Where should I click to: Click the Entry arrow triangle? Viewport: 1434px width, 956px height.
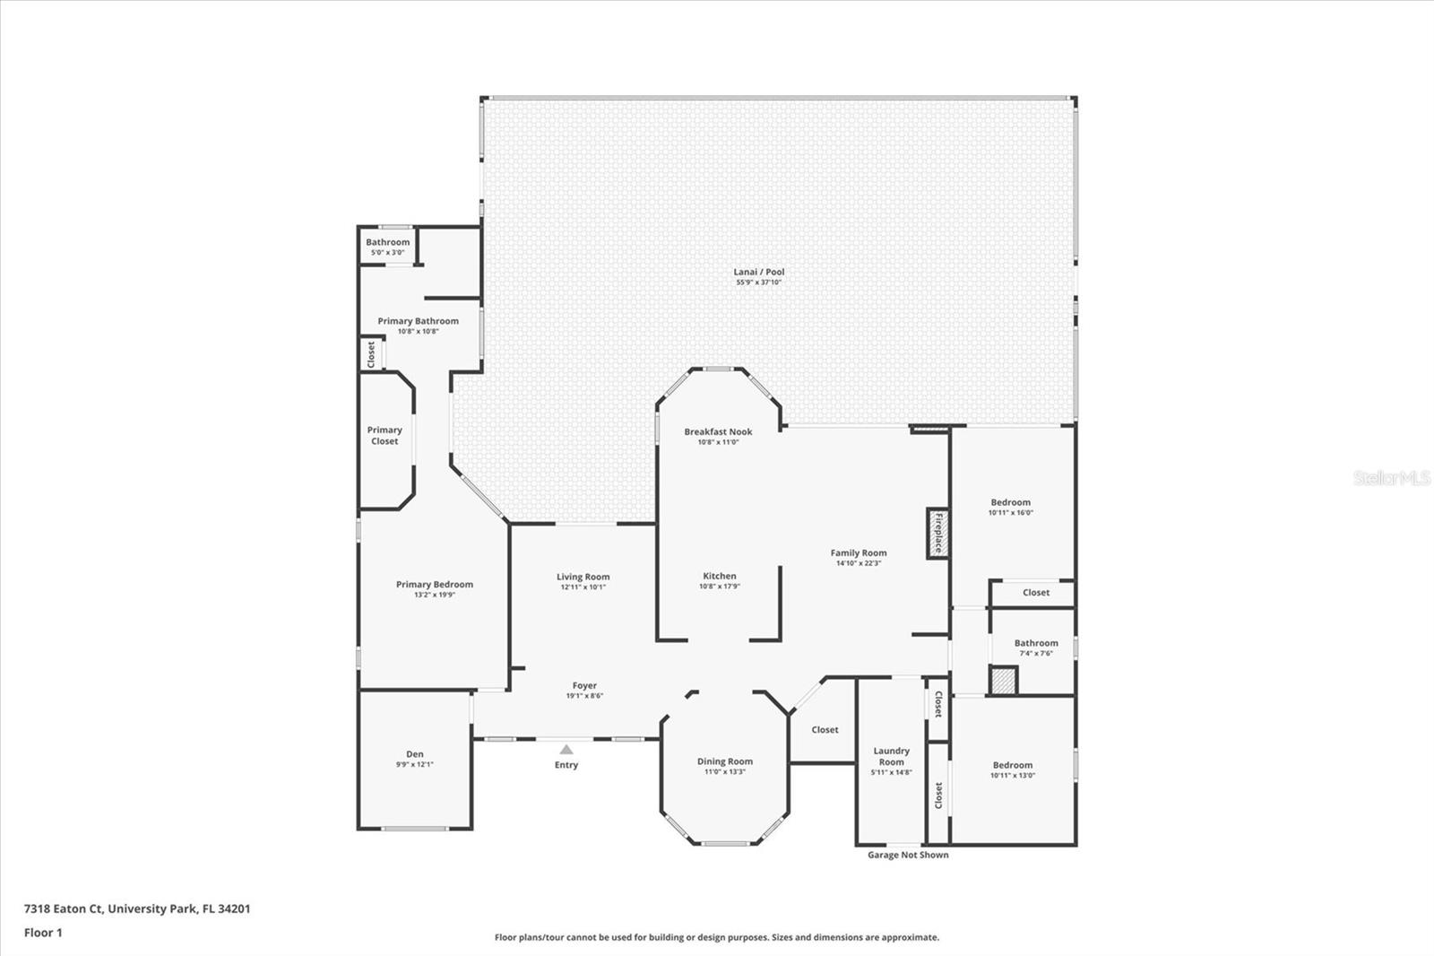(x=566, y=749)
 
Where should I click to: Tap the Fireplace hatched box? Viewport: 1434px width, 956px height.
(x=937, y=533)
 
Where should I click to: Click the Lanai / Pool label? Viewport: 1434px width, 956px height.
(x=759, y=272)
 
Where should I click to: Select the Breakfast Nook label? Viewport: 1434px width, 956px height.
(x=718, y=431)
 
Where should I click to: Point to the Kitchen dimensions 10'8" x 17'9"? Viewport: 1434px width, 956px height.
(x=719, y=587)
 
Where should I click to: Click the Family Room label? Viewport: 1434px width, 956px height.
(x=858, y=553)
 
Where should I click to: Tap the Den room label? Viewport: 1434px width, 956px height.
(x=414, y=754)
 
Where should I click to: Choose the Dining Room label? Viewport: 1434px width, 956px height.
(x=725, y=761)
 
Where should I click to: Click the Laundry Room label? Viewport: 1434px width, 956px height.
(x=891, y=756)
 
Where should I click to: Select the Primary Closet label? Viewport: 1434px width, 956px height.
(x=384, y=435)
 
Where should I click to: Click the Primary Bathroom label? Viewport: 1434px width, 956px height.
(x=418, y=321)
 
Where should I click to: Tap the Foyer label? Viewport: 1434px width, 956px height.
(x=584, y=686)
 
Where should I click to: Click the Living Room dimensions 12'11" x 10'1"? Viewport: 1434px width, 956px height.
(x=583, y=587)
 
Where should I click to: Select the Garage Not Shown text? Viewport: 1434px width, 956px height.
(x=907, y=855)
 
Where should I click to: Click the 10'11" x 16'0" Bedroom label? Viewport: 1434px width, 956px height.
(x=1010, y=502)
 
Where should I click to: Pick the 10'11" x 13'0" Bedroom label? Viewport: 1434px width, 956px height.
(x=1012, y=765)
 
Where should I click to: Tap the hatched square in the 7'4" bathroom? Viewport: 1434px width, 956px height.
(x=1003, y=681)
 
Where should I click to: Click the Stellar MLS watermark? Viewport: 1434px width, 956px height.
(x=1392, y=478)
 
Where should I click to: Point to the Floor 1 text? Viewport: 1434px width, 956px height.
(x=43, y=933)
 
